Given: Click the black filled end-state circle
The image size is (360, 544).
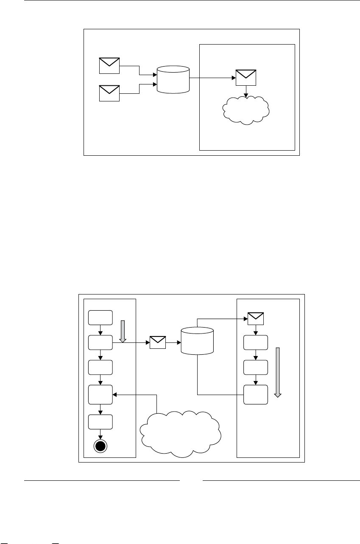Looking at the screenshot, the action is tap(100, 446).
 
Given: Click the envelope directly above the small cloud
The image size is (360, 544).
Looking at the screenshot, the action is tap(246, 77).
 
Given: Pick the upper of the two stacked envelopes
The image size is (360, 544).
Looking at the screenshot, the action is tap(109, 65).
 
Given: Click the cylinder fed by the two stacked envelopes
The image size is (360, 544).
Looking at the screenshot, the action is tap(173, 80).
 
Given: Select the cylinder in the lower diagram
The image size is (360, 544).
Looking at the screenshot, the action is tap(197, 341).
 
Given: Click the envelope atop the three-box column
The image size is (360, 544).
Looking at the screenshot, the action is tap(256, 317).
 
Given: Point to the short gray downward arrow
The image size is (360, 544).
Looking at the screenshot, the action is tap(123, 331).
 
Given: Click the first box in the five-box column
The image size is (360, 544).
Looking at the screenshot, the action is tap(100, 317).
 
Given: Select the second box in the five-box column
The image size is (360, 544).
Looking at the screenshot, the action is tap(100, 342).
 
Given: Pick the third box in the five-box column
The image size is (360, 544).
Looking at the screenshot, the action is tap(100, 367).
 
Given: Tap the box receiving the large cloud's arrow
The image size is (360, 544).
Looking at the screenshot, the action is tap(100, 395).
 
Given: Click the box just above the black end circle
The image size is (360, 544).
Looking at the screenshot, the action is tap(100, 422).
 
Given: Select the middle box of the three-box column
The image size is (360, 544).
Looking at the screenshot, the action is tap(256, 367).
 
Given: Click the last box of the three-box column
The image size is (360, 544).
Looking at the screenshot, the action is tap(256, 395).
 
